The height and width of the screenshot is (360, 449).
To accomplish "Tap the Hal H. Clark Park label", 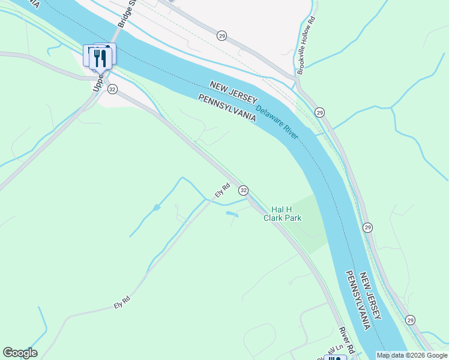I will click(x=282, y=214).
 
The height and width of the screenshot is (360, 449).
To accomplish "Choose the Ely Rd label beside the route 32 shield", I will click(x=223, y=191).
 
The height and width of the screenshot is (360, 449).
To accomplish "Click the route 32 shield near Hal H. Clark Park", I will click(x=243, y=190).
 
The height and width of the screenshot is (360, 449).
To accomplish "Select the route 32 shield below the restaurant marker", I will click(x=112, y=89).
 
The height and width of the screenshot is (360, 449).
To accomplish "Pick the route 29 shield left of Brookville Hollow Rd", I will click(x=221, y=36).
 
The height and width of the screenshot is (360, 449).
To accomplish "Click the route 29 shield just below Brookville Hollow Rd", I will click(x=319, y=112).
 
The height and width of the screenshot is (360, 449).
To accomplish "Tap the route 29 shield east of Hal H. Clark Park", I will click(x=368, y=227).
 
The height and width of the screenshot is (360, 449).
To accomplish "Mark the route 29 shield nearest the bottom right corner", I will click(x=410, y=320).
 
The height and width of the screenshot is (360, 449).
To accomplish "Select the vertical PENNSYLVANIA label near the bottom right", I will click(x=358, y=299).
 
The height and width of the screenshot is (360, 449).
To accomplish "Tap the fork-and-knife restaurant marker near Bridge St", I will click(x=100, y=58).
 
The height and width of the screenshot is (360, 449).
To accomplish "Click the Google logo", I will click(x=20, y=353).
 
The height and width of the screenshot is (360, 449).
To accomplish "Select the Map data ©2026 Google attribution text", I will click(x=412, y=355).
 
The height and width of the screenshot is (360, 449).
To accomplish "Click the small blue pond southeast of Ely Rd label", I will click(x=232, y=213).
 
